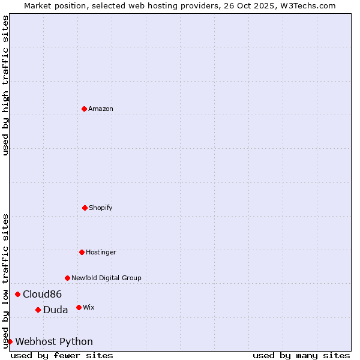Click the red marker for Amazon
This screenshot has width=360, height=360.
coord(84,109)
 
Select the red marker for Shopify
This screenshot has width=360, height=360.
coord(85,208)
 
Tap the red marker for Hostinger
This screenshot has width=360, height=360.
coord(82,252)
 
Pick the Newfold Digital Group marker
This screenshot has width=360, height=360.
coord(67,278)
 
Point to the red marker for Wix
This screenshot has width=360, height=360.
coord(79,307)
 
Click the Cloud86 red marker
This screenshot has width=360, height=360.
coord(17,294)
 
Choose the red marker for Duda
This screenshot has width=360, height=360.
coord(38,310)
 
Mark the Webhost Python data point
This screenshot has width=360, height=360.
coord(10,341)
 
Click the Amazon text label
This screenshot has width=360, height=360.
coord(101,109)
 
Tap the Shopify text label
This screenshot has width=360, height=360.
coord(101,208)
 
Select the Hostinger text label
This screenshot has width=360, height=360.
coord(101,252)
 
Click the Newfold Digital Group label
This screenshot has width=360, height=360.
coord(106,278)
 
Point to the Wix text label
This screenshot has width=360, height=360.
coord(89,307)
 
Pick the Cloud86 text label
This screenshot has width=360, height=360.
coord(42,294)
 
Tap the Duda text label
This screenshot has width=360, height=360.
coord(55,310)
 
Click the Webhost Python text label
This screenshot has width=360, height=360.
coord(54,341)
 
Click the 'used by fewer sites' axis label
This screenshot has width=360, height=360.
coord(62,355)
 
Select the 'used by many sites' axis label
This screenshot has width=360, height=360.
coord(301,355)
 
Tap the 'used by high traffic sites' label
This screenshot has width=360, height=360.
coord(5,85)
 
